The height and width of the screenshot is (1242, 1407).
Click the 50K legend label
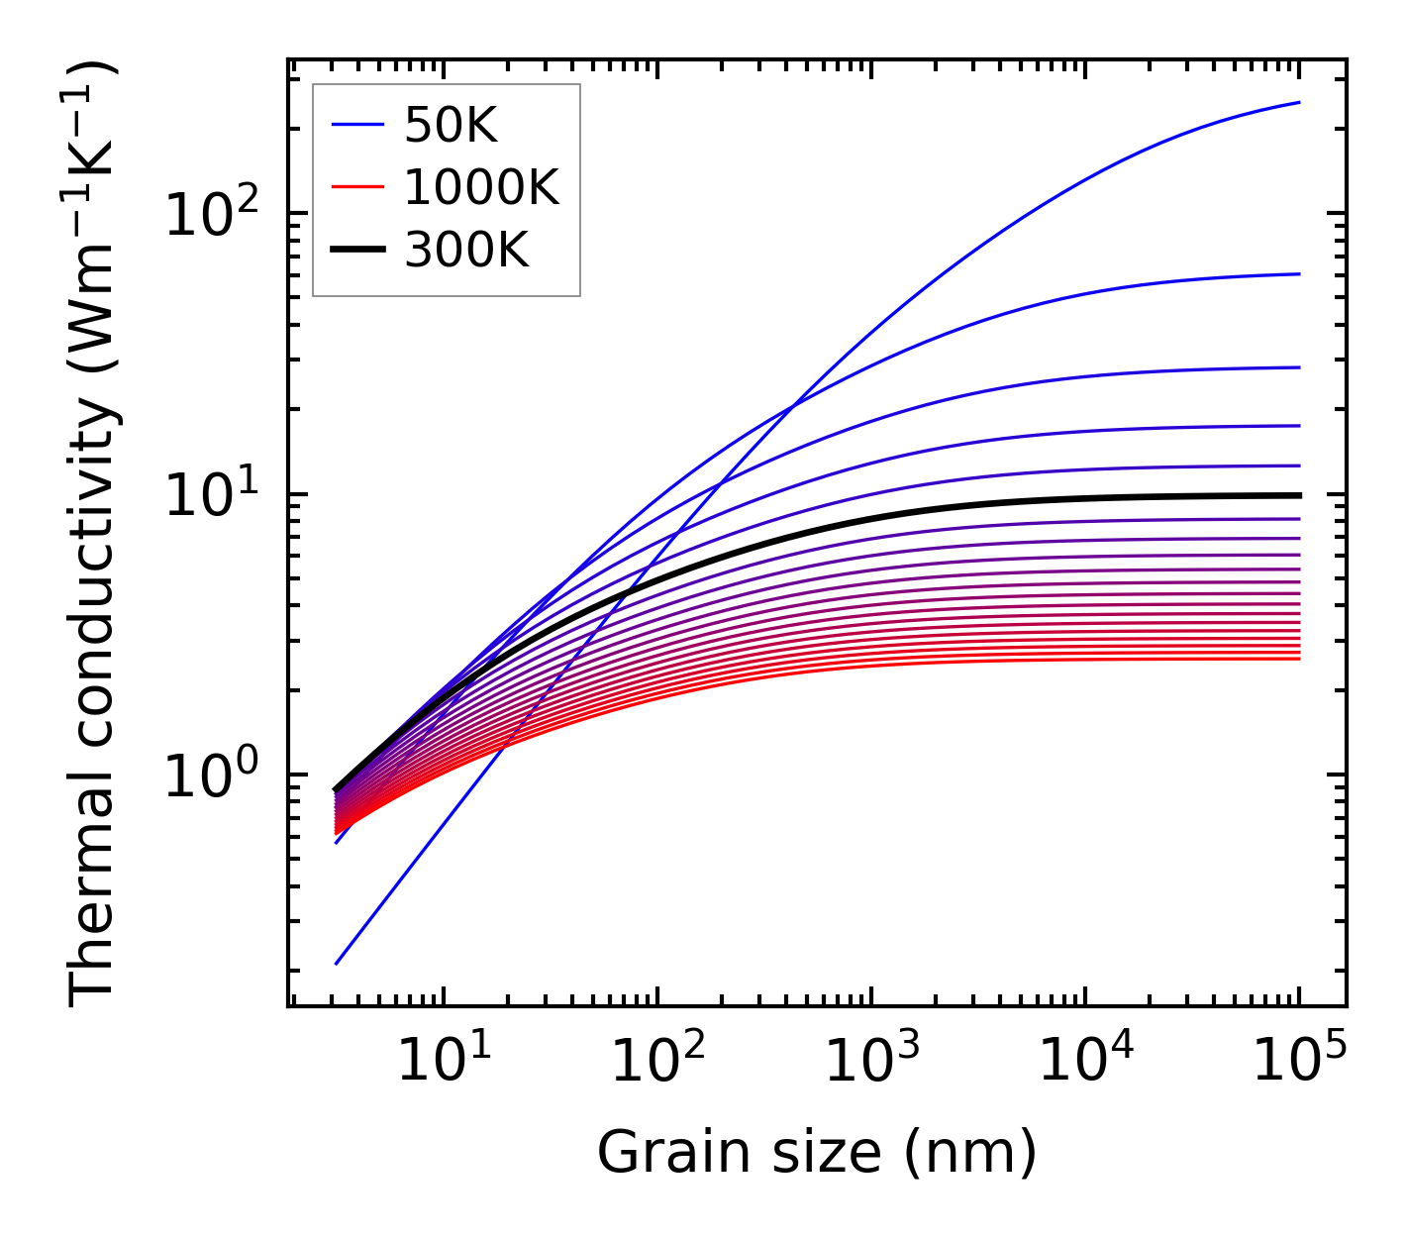coord(451,126)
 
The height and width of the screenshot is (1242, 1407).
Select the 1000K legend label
coord(481,187)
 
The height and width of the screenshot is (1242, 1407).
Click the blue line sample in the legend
coord(356,126)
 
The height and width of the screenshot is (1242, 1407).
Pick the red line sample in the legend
coord(356,187)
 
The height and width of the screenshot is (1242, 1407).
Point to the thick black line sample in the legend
coord(356,251)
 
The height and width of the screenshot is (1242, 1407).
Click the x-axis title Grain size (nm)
coord(817,1153)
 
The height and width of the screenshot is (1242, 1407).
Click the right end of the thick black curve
coord(1298,495)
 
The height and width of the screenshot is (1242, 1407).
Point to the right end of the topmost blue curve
coord(1298,103)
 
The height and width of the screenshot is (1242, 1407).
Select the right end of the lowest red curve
coord(1298,659)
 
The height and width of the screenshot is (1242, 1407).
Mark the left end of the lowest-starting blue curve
coord(337,963)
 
